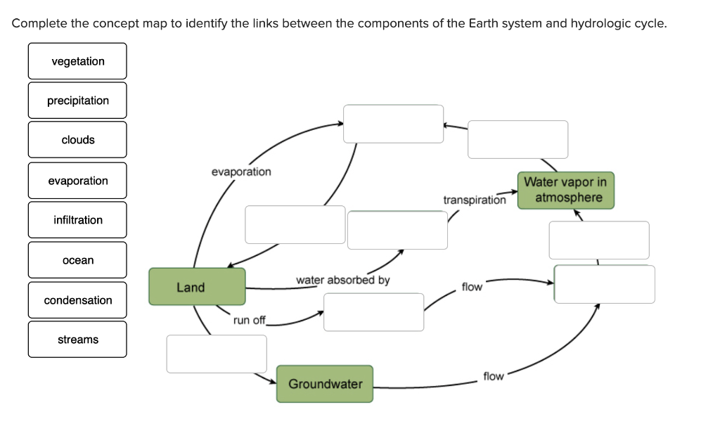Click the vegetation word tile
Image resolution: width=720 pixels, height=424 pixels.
[77, 61]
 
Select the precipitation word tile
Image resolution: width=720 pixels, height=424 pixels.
[77, 101]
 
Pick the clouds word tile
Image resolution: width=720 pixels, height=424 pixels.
[77, 140]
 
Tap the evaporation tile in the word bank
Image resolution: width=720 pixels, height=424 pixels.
[77, 181]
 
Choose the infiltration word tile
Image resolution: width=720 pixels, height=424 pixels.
[77, 220]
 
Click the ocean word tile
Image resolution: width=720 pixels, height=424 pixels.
[77, 260]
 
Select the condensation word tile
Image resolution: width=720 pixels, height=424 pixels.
[77, 300]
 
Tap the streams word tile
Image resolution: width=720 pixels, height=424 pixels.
[77, 340]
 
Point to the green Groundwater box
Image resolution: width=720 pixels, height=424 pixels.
[325, 384]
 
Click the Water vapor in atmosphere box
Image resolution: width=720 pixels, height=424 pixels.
[565, 190]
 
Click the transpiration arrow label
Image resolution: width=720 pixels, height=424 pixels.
[474, 200]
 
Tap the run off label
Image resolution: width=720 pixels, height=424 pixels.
[250, 321]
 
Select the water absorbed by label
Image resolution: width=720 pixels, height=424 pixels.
[342, 280]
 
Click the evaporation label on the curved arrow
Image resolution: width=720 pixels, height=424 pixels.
[241, 172]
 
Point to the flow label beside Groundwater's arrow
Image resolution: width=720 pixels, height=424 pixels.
[494, 376]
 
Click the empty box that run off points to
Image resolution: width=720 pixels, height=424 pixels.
[373, 312]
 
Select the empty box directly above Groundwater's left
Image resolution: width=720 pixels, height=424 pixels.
[217, 354]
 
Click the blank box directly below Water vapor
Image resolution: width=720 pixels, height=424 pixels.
[599, 240]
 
